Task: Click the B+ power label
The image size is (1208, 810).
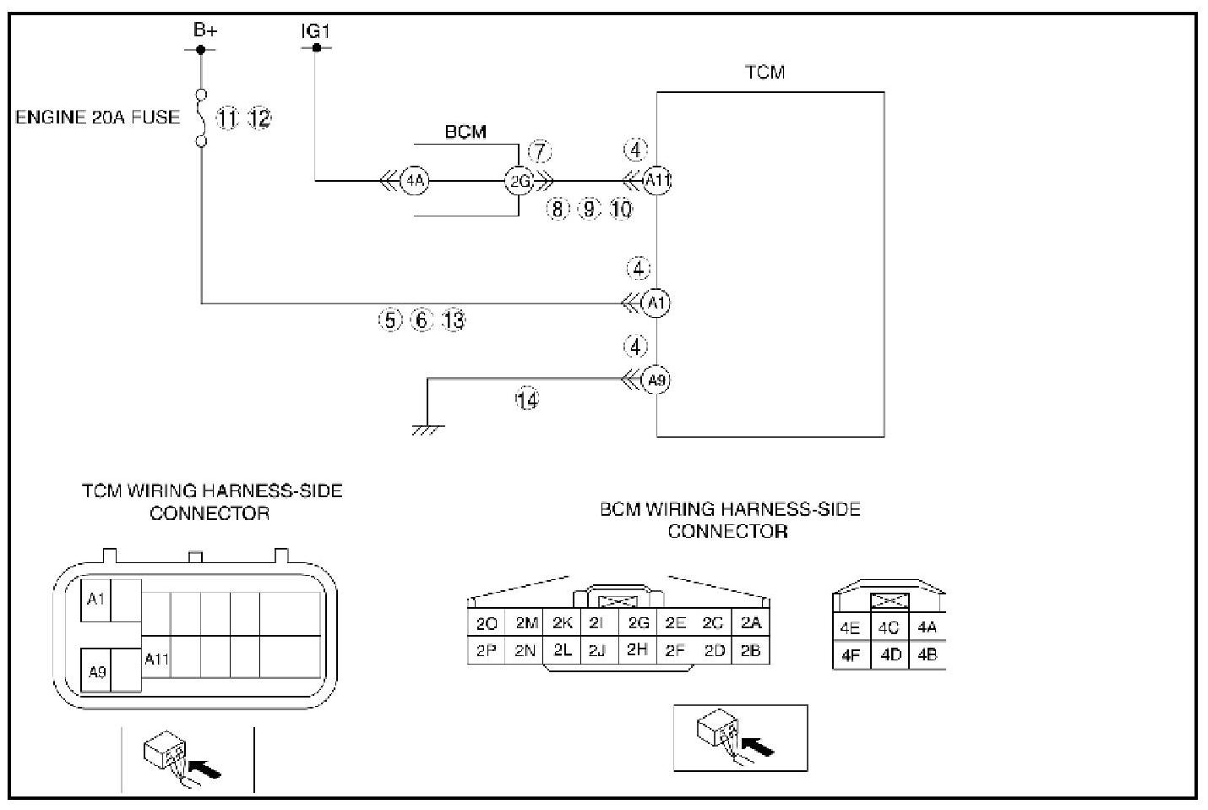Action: click(x=205, y=30)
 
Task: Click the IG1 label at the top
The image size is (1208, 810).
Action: click(x=315, y=31)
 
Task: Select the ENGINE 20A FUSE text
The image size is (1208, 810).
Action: click(x=98, y=118)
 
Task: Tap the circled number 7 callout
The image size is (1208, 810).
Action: click(x=540, y=152)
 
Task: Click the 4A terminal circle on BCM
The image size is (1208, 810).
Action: click(x=414, y=180)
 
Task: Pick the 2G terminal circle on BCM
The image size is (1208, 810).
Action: click(x=520, y=181)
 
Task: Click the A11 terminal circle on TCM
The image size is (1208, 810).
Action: click(x=657, y=180)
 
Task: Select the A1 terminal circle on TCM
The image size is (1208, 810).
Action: click(x=656, y=303)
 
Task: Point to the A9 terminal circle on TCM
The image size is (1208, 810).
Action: click(x=656, y=380)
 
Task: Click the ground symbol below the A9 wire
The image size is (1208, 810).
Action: click(x=427, y=430)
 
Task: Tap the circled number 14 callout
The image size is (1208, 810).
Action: click(x=527, y=400)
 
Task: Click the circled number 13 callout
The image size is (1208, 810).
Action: click(x=454, y=320)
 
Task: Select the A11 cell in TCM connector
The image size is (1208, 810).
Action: click(x=156, y=659)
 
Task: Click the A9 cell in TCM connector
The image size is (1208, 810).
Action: click(x=96, y=672)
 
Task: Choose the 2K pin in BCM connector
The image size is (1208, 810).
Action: click(x=562, y=623)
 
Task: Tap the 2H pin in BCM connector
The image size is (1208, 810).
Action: click(x=637, y=649)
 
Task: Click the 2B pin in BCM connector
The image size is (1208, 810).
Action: click(x=751, y=650)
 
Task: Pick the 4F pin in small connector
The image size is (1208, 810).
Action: click(x=851, y=654)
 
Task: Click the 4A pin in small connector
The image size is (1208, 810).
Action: click(x=927, y=627)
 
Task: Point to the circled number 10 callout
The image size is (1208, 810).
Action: click(x=621, y=209)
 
